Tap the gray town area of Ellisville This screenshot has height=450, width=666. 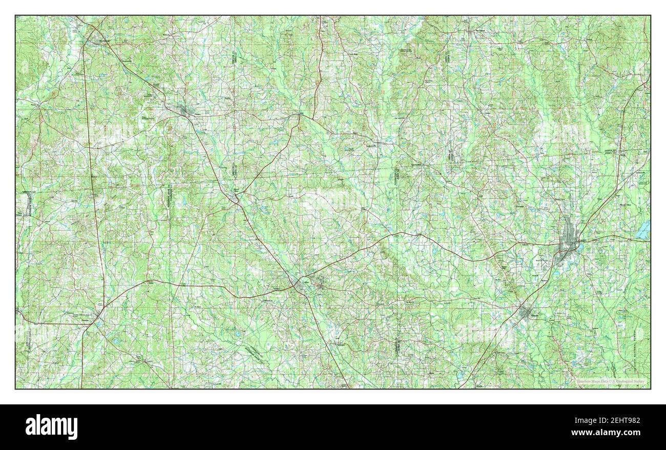[525, 312]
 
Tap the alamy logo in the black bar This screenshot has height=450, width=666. [51, 426]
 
